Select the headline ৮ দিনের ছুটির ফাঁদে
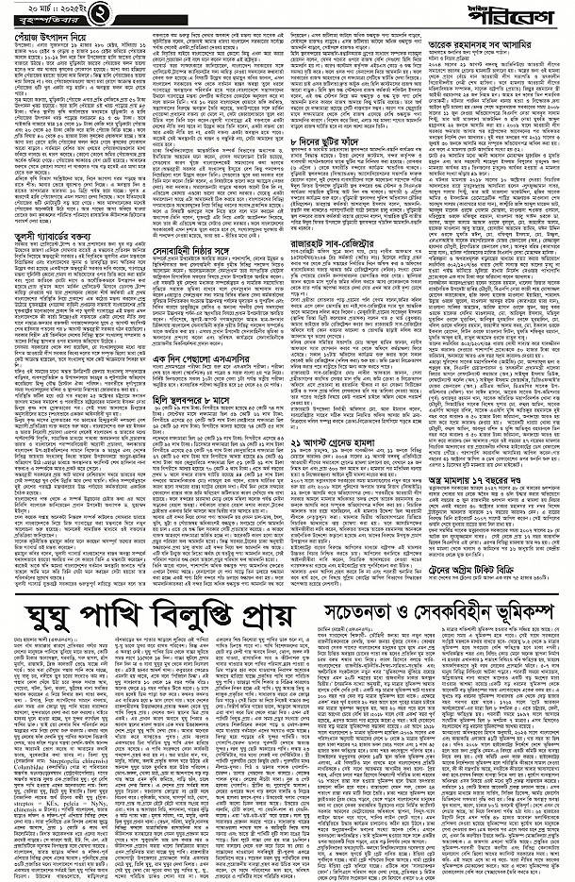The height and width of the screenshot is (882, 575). [330, 140]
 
